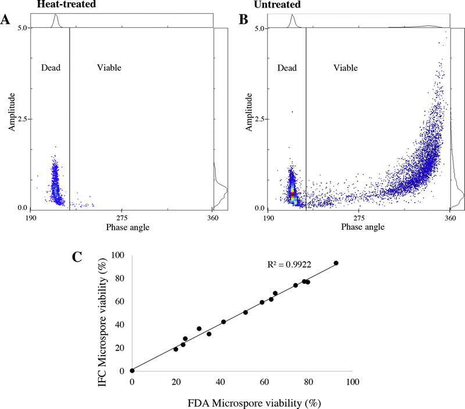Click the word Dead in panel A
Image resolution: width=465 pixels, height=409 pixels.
[x=51, y=68]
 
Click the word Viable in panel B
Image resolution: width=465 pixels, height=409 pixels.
[x=345, y=68]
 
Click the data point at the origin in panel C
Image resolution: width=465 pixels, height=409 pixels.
[x=133, y=371]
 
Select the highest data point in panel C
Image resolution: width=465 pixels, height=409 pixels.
[x=336, y=263]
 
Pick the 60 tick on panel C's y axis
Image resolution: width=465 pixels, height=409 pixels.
[x=119, y=301]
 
